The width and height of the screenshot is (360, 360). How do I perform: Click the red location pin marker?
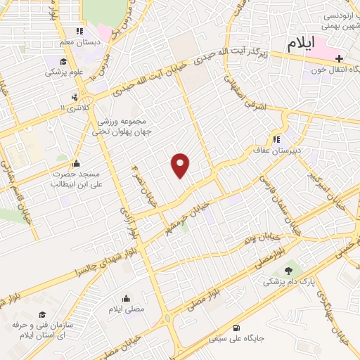(181, 165)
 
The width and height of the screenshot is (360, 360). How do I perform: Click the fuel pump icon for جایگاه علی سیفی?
(236, 327)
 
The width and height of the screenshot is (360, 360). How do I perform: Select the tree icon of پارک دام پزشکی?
(287, 271)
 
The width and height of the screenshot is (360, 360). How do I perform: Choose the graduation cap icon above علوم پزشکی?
(64, 61)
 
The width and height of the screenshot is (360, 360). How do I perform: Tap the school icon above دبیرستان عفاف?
(276, 139)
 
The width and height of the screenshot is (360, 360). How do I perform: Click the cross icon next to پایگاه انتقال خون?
(339, 58)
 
